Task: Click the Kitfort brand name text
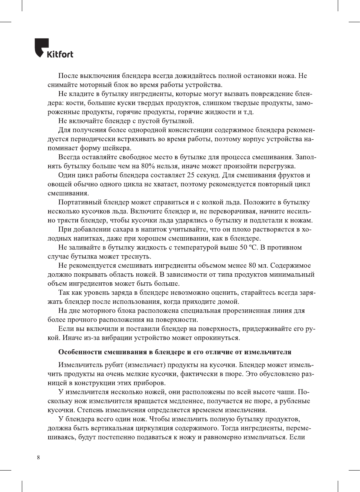(x=60, y=54)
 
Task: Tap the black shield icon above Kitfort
(x=41, y=46)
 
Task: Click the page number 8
(x=38, y=457)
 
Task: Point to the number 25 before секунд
(x=191, y=175)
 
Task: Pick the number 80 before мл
(x=252, y=265)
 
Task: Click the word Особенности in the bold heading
(x=80, y=352)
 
